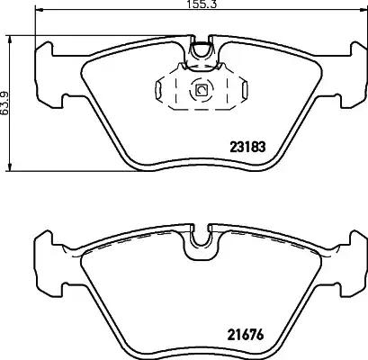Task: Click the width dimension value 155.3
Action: pyautogui.click(x=202, y=4)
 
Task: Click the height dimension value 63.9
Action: pyautogui.click(x=5, y=103)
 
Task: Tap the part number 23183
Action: pyautogui.click(x=247, y=147)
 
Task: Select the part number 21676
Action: pyautogui.click(x=246, y=335)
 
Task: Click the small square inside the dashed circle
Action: pyautogui.click(x=200, y=90)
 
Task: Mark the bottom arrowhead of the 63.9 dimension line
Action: pyautogui.click(x=11, y=167)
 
